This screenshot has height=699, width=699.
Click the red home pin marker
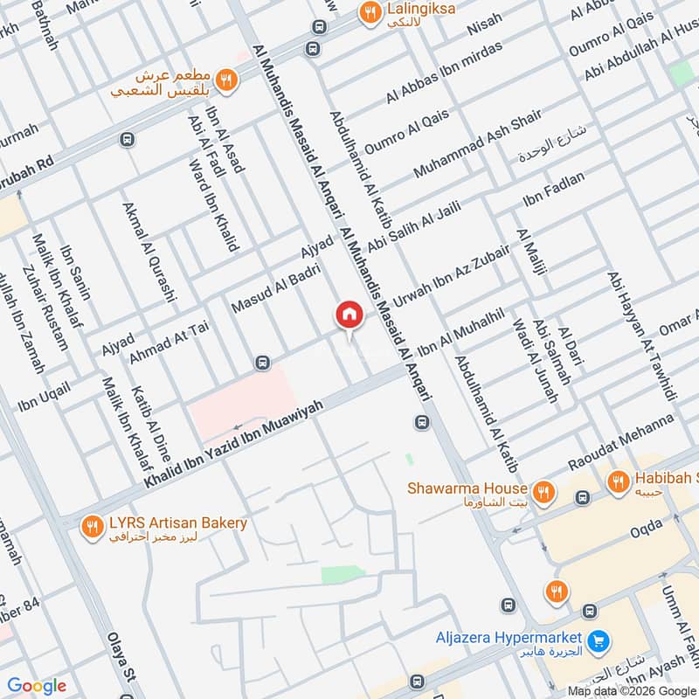click(349, 315)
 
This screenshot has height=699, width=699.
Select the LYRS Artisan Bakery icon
click(92, 526)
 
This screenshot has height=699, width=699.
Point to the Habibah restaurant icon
click(619, 481)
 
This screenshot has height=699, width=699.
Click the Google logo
click(37, 686)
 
